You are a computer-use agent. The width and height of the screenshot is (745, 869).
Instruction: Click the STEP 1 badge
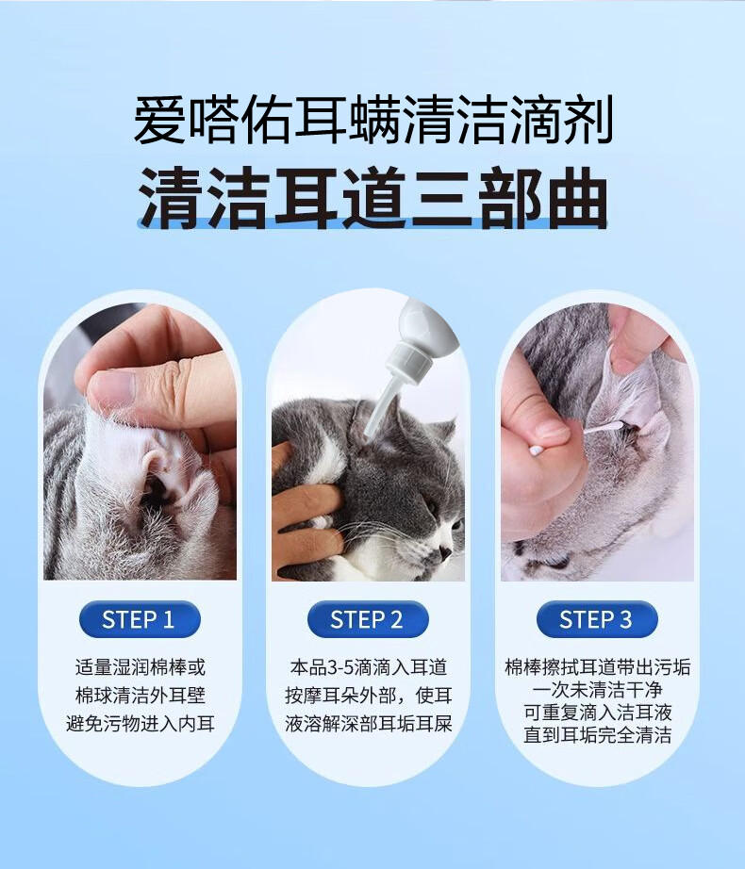[140, 619]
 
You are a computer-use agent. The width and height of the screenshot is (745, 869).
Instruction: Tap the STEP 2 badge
[368, 619]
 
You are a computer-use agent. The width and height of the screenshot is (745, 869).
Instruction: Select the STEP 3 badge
[597, 619]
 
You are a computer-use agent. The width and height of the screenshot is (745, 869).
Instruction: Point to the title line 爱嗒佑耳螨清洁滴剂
[373, 119]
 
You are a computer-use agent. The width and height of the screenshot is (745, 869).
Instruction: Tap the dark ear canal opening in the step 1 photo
[155, 490]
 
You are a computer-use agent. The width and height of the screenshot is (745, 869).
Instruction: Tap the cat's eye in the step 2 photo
[432, 505]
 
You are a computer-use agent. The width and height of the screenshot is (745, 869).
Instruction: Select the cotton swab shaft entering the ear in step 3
[605, 428]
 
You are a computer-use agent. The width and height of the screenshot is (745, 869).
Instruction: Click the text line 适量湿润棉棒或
[140, 667]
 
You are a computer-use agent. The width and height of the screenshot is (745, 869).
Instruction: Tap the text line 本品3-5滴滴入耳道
[368, 667]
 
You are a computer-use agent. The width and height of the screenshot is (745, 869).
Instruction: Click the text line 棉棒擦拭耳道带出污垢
[598, 667]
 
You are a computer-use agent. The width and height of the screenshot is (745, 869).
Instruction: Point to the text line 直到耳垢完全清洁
[598, 735]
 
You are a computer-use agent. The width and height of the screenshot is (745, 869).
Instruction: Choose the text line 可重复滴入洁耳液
[598, 713]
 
